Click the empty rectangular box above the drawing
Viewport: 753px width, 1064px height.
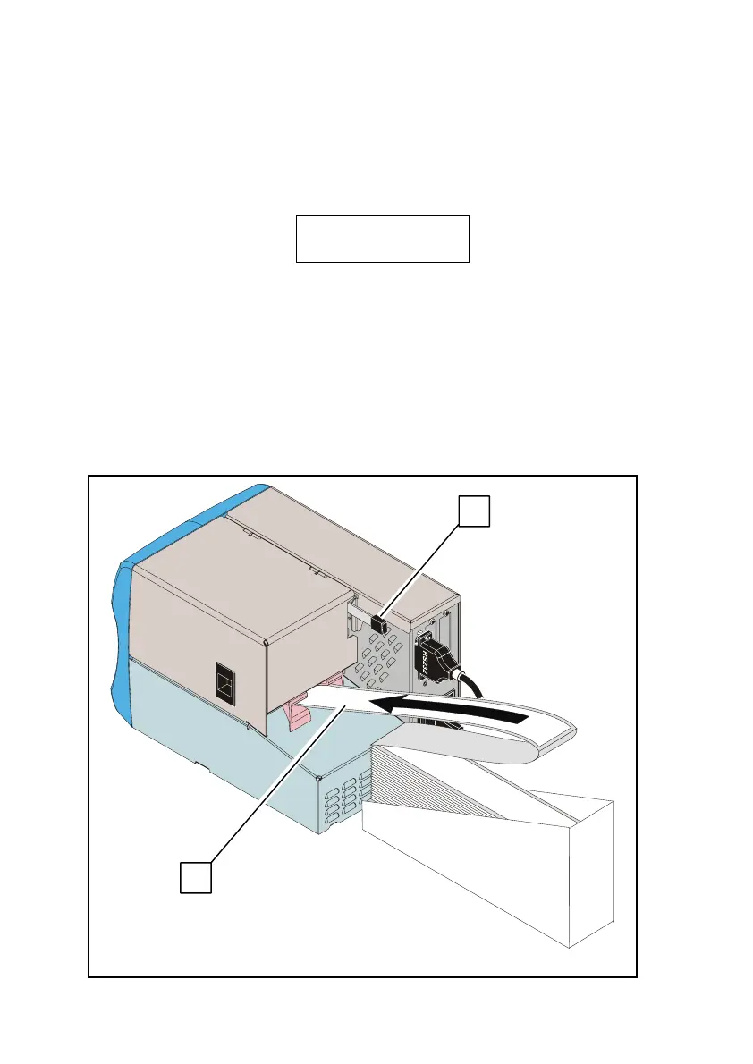(382, 238)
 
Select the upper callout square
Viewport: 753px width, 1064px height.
(474, 511)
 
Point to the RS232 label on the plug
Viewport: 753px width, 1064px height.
(425, 662)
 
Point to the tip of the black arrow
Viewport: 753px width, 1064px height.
(375, 705)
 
